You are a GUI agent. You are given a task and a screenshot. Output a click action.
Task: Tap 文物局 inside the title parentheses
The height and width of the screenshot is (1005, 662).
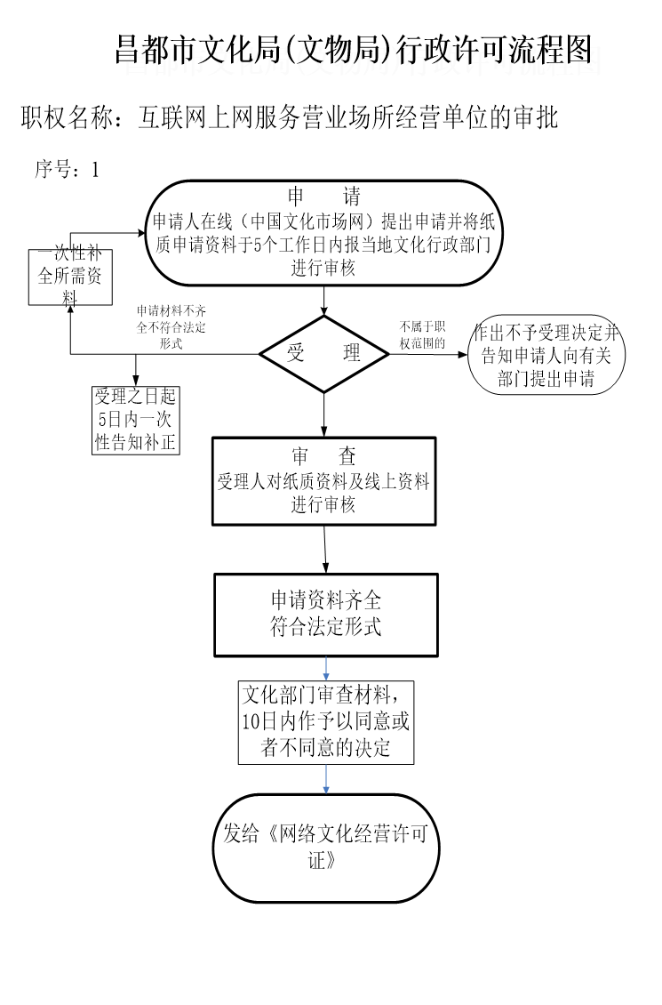coord(347,62)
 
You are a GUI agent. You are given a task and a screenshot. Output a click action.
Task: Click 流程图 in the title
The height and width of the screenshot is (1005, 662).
coord(560,62)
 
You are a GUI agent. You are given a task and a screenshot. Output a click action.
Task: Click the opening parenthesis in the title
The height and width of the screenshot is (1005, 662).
coord(298,62)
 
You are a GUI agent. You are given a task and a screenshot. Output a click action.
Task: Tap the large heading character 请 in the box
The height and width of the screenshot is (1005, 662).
coord(362,209)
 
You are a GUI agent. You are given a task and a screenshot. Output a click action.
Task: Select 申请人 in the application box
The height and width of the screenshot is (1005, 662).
coord(184,235)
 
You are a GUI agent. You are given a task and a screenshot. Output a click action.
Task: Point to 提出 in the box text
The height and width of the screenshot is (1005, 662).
coord(407,235)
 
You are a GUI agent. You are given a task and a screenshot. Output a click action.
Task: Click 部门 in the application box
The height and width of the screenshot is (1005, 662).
coord(485,259)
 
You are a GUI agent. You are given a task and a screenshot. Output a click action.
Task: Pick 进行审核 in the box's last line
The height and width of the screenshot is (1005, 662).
coord(332,279)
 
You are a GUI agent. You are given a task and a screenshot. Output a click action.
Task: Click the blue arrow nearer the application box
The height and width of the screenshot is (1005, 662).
coord(326,669)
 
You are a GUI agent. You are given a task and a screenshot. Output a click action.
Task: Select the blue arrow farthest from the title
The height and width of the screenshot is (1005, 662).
coord(326,779)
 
